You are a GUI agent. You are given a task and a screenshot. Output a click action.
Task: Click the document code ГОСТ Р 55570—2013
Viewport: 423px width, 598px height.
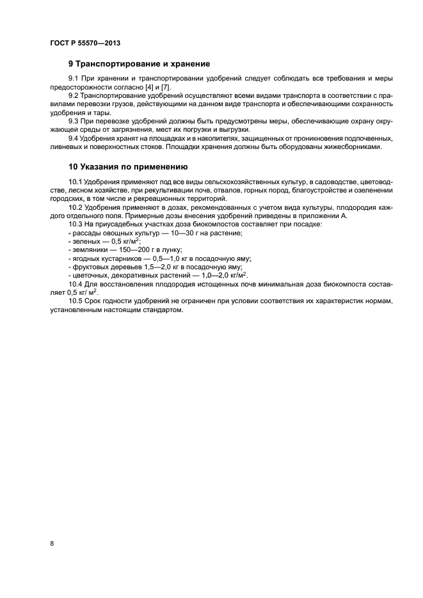click(85, 43)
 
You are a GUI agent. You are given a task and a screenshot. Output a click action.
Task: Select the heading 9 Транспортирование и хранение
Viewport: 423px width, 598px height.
click(139, 64)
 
